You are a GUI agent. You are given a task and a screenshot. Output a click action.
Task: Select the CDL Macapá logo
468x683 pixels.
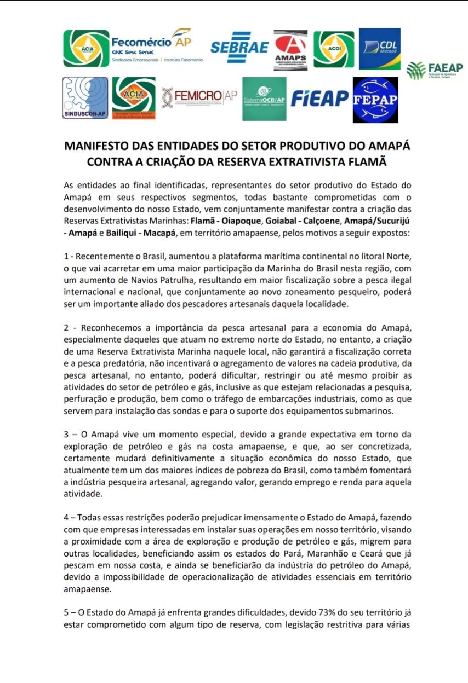tap(380, 48)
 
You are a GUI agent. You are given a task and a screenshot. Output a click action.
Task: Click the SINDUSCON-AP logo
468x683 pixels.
tap(84, 99)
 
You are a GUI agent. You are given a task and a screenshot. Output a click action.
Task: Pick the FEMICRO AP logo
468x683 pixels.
tap(199, 97)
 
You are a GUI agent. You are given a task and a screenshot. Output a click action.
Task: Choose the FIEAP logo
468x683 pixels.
tap(319, 99)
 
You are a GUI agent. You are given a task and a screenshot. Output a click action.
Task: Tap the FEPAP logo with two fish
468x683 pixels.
tap(375, 100)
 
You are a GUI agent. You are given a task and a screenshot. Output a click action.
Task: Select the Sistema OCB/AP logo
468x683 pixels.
tap(264, 99)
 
